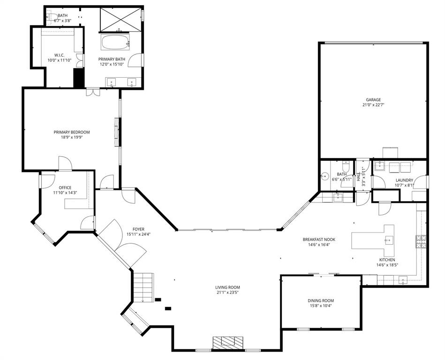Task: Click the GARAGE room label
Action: click(x=373, y=99)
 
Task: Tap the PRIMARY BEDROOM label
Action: click(x=71, y=132)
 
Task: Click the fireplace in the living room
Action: click(x=228, y=343)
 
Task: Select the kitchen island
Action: click(x=375, y=240)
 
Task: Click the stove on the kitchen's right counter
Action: click(x=420, y=241)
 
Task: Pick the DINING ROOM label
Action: click(x=321, y=300)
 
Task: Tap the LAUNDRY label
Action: click(x=404, y=180)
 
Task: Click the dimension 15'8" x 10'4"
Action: click(x=321, y=306)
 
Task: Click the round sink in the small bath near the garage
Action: click(x=324, y=178)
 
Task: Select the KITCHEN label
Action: click(x=387, y=259)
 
